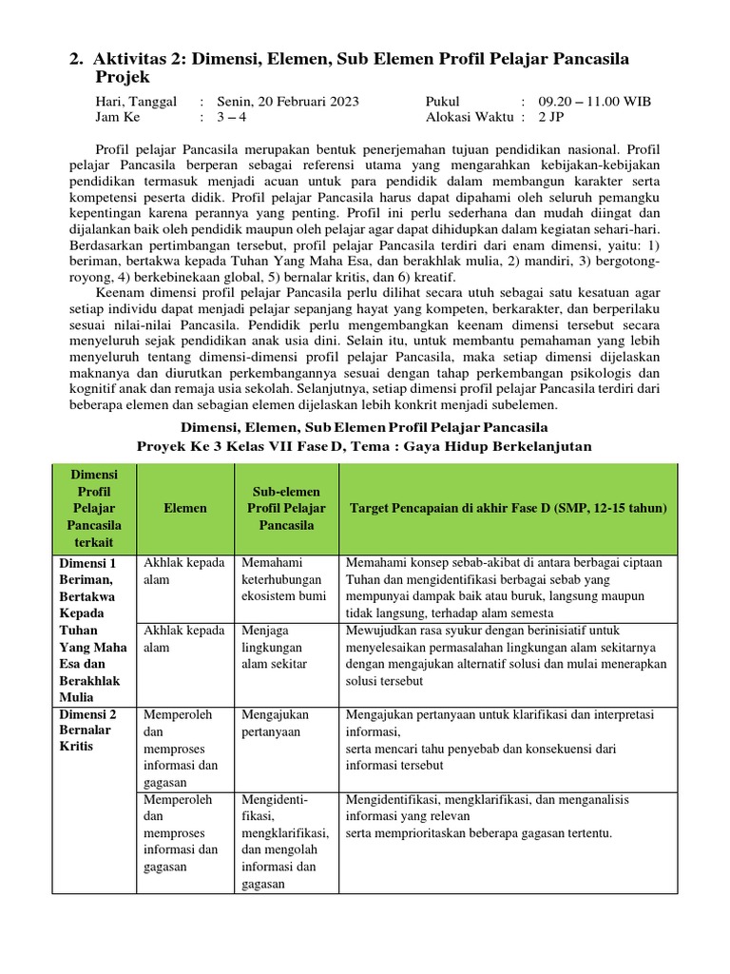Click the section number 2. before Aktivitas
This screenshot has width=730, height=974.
[x=75, y=60]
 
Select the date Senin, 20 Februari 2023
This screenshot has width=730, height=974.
[x=288, y=102]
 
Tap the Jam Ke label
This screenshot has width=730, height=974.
[x=117, y=118]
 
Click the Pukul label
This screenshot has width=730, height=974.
[x=443, y=102]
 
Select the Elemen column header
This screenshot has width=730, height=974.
[x=184, y=508]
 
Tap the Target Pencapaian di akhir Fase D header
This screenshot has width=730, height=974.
[x=509, y=508]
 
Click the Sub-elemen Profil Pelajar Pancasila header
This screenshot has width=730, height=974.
[x=284, y=508]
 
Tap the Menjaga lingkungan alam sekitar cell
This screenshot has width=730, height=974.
[x=277, y=648]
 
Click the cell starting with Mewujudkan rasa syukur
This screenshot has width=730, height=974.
[x=507, y=656]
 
